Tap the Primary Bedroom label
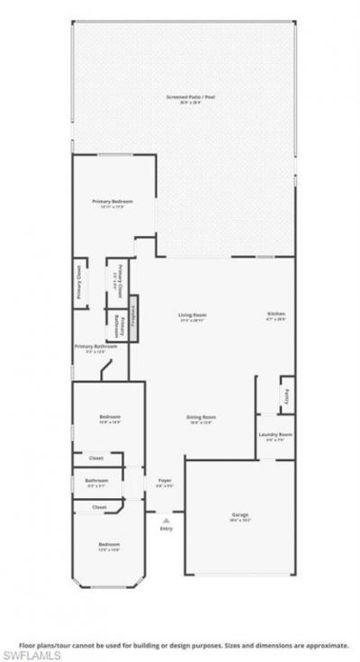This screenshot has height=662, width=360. tap(112, 201)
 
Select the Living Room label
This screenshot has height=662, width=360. tap(192, 313)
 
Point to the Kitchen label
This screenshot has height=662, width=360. tap(275, 313)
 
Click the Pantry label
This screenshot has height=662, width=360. tap(285, 394)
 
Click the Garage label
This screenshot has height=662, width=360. tap(240, 514)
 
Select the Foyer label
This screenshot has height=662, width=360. tap(165, 480)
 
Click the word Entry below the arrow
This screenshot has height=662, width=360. tap(166, 528)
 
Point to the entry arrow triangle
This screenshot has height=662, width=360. tap(166, 520)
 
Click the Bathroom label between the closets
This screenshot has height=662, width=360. tap(96, 480)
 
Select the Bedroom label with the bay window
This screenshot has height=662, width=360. tap(109, 544)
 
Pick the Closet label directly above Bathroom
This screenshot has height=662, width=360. tap(96, 458)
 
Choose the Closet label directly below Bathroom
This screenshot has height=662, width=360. tap(98, 506)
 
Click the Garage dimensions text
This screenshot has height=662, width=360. tap(240, 520)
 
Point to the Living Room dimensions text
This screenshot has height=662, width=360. tap(192, 320)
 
